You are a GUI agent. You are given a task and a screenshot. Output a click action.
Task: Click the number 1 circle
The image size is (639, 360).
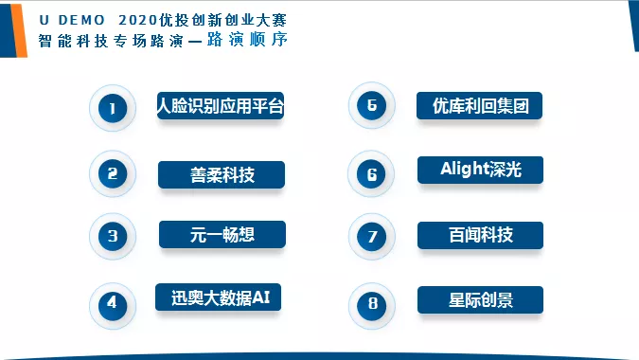[x=113, y=109]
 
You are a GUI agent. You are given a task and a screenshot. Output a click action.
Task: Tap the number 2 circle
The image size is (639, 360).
[x=113, y=173]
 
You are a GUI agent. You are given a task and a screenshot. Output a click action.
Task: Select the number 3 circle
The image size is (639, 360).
[x=113, y=237]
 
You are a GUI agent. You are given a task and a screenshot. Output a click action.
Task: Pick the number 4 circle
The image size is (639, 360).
[x=113, y=304]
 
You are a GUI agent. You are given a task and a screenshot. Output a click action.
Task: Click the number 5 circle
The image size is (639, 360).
[x=372, y=105]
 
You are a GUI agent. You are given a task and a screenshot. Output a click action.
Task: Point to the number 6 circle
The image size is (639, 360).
[x=372, y=174]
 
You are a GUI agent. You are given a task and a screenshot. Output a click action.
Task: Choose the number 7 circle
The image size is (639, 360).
[x=372, y=237]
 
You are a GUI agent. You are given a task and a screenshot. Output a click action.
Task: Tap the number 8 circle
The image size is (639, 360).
[x=372, y=304]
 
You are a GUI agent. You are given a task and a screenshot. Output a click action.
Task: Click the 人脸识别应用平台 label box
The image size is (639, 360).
[x=220, y=105]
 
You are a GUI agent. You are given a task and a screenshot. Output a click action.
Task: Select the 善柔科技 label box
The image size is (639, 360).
[x=222, y=173]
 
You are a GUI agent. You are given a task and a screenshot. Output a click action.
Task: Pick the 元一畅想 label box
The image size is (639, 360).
[x=222, y=234]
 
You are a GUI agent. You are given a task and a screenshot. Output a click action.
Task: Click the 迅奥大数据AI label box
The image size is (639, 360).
[x=220, y=297]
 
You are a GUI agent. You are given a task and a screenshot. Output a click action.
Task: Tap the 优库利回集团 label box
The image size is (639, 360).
[x=480, y=105]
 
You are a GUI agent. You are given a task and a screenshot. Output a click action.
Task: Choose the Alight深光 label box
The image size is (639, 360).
[x=480, y=170]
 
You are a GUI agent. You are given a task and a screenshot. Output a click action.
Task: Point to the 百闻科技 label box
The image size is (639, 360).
[x=480, y=234]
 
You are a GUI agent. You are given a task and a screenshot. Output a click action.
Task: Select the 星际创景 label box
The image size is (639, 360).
[x=480, y=300]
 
